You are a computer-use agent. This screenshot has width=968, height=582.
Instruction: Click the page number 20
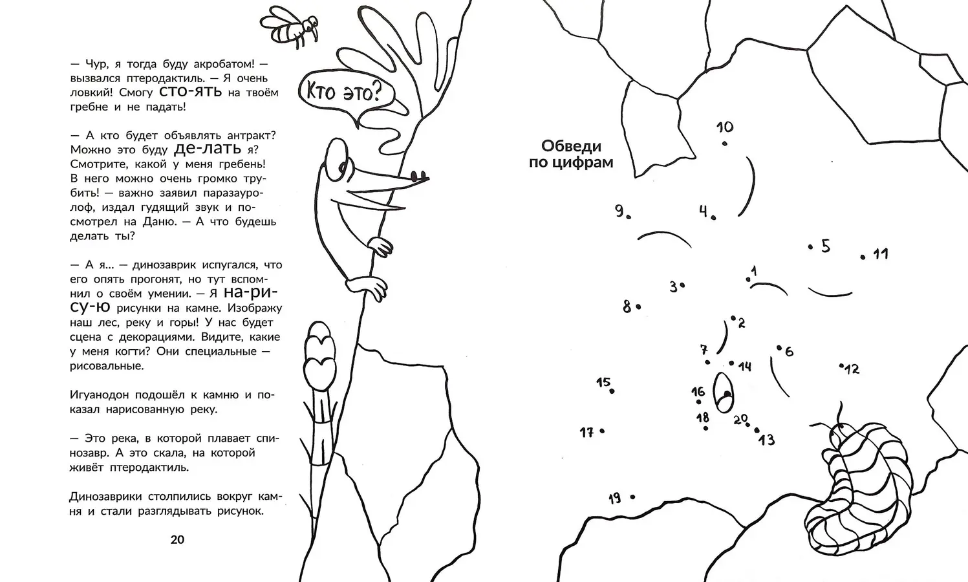tap(177, 540)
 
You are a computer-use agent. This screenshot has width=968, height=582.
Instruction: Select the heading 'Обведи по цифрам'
tap(571, 154)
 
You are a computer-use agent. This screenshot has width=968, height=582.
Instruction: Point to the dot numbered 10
tap(725, 144)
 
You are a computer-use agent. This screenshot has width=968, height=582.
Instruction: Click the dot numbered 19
tap(632, 497)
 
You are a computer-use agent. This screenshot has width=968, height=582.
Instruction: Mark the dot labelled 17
tap(602, 431)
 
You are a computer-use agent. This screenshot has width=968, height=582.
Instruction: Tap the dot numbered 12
tap(841, 365)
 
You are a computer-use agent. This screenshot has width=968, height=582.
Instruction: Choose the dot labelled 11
tap(863, 257)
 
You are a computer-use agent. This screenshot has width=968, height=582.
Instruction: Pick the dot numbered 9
tap(629, 217)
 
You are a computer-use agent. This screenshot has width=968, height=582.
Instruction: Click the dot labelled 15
tap(612, 391)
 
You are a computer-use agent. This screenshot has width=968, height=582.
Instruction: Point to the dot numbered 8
tap(638, 307)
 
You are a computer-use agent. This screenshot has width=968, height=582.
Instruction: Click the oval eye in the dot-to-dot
tap(723, 393)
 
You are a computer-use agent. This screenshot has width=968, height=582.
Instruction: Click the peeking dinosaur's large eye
tap(337, 160)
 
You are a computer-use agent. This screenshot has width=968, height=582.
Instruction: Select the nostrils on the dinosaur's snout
tap(418, 177)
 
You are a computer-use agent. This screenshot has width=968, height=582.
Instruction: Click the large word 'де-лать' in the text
tap(208, 149)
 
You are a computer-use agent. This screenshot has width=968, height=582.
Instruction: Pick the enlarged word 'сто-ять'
tap(191, 92)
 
